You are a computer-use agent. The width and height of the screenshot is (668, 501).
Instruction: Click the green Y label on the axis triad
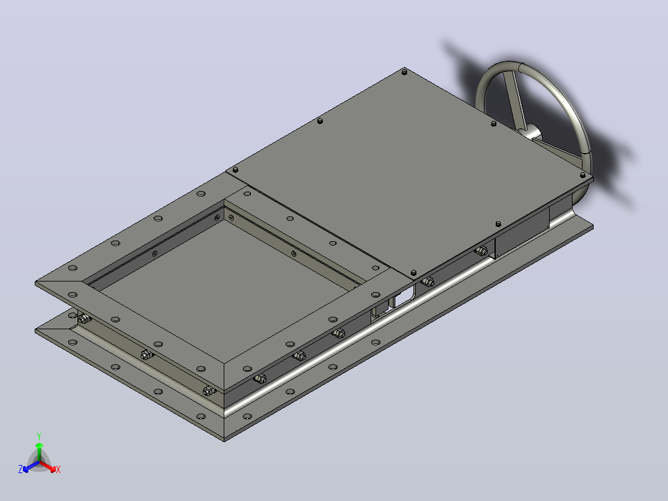tap(39, 436)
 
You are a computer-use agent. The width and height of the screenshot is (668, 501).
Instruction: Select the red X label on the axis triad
tap(58, 469)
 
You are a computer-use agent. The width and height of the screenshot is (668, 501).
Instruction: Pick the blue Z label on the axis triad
tap(20, 469)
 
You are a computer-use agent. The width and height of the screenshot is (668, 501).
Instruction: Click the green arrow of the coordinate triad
tap(39, 451)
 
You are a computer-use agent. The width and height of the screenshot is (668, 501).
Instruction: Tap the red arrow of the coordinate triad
tap(48, 466)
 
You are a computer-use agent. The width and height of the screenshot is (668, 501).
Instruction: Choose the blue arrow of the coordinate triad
tap(31, 466)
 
